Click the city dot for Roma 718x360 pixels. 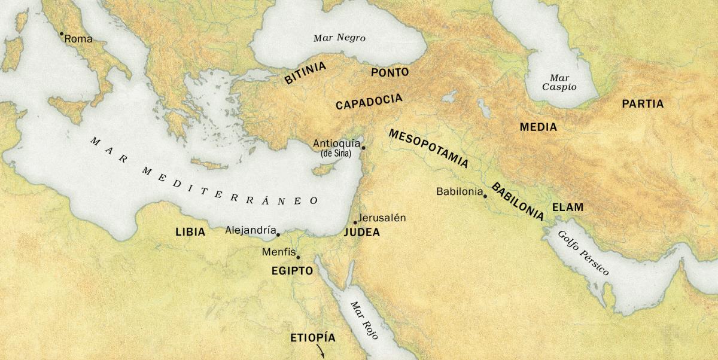coord(61,34)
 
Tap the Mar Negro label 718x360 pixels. coord(339,38)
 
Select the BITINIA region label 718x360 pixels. coord(305,73)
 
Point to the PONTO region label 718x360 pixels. coord(390,72)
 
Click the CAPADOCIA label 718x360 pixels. coord(369,102)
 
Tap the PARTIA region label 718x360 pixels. coord(643,104)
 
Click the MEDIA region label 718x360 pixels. coord(538,127)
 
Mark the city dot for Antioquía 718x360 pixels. coord(363,147)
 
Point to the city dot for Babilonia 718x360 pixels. coord(485,196)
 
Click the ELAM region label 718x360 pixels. coord(567,208)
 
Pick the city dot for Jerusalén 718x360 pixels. coord(355,222)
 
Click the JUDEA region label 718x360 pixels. coord(362,233)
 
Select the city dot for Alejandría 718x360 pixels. coord(278,234)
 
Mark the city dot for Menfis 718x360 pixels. coord(298,257)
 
